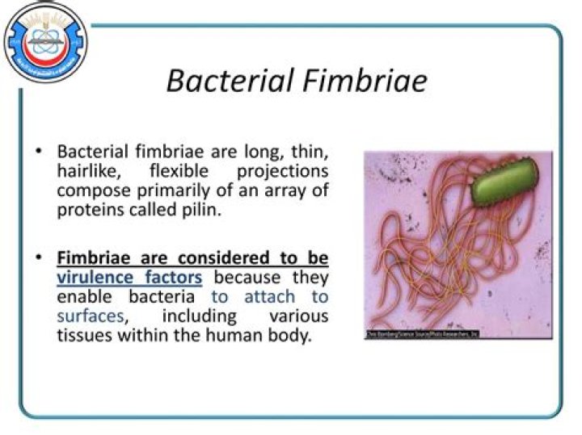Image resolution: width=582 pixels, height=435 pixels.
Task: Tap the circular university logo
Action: tap(44, 43)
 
